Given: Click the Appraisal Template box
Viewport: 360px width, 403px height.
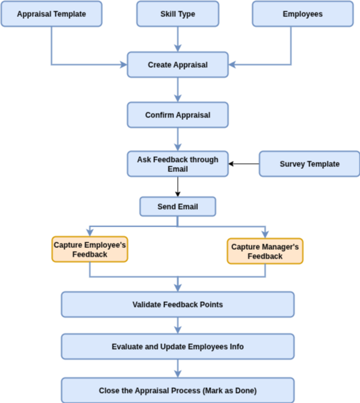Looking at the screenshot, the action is pyautogui.click(x=52, y=14).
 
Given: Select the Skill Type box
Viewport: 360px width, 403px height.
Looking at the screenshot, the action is pyautogui.click(x=178, y=14).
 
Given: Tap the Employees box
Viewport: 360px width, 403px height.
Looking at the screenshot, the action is pyautogui.click(x=303, y=14).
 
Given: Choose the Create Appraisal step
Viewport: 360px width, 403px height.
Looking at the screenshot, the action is pyautogui.click(x=178, y=65).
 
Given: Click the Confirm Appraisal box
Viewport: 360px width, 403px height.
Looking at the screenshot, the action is pyautogui.click(x=178, y=115).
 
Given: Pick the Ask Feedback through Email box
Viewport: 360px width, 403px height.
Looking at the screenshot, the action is pyautogui.click(x=178, y=164).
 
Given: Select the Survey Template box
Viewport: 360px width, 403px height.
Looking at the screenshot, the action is pyautogui.click(x=310, y=164).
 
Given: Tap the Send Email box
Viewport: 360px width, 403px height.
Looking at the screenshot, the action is pyautogui.click(x=178, y=207).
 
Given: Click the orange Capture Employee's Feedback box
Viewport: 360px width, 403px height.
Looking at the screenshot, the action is pyautogui.click(x=90, y=249).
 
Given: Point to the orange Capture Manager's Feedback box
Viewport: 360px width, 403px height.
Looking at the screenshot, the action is pyautogui.click(x=265, y=251).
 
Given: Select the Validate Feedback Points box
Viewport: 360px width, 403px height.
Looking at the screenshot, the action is pyautogui.click(x=178, y=304).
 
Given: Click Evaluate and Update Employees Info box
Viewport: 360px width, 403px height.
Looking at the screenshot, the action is pyautogui.click(x=178, y=347).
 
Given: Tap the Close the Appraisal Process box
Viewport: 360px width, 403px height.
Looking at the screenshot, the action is pyautogui.click(x=178, y=390).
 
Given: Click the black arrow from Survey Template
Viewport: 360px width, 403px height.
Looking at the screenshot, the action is pyautogui.click(x=244, y=164).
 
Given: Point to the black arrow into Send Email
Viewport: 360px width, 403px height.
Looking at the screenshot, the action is pyautogui.click(x=178, y=187).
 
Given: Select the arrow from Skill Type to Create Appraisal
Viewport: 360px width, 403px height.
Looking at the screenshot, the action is pyautogui.click(x=178, y=40).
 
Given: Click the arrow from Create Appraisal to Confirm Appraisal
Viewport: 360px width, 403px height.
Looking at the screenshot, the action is pyautogui.click(x=178, y=90).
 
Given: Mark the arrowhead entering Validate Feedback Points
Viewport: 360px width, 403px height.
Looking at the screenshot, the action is pyautogui.click(x=178, y=288).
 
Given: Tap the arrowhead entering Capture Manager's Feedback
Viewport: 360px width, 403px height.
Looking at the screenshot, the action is pyautogui.click(x=265, y=235).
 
